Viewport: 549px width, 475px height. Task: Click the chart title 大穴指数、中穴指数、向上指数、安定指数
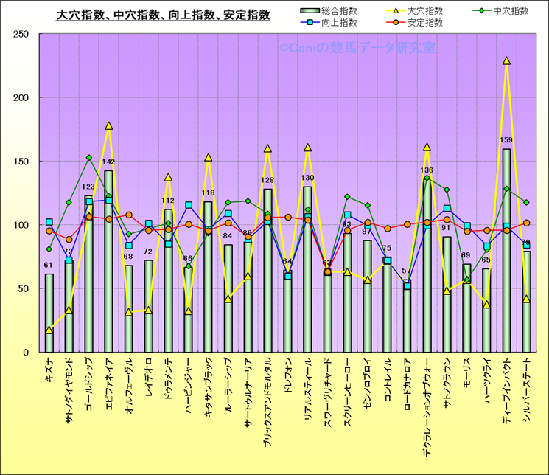coord(163,15)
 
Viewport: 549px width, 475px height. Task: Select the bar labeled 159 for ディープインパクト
coord(506,251)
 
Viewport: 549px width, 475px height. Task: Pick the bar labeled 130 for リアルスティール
coord(308,269)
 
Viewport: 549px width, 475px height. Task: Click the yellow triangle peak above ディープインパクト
coord(506,61)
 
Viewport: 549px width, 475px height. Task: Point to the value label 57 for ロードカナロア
coord(408,271)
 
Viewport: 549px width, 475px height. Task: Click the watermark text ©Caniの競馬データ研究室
coord(357,47)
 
